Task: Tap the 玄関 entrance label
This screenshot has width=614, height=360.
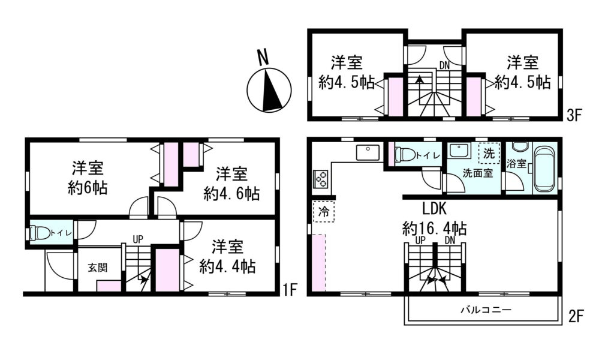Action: click(97, 268)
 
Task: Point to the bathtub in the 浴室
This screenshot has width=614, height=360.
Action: click(545, 169)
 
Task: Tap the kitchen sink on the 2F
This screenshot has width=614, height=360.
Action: click(368, 152)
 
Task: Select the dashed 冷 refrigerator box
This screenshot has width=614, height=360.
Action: click(324, 212)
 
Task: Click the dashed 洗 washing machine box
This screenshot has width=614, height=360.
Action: click(489, 153)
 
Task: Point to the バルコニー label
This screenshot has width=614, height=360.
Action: click(486, 310)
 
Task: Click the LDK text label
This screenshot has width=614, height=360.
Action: click(434, 209)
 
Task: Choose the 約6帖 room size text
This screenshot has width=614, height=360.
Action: click(88, 188)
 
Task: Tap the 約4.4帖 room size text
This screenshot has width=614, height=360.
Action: click(227, 267)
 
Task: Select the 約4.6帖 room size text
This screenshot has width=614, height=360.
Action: click(231, 194)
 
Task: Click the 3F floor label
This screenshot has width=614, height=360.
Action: click(575, 115)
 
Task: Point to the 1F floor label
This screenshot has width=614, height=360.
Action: click(291, 290)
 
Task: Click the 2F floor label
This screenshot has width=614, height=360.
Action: click(576, 316)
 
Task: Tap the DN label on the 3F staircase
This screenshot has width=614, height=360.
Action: click(444, 65)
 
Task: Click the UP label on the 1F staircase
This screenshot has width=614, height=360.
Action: click(138, 239)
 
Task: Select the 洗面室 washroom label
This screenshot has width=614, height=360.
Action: click(477, 173)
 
